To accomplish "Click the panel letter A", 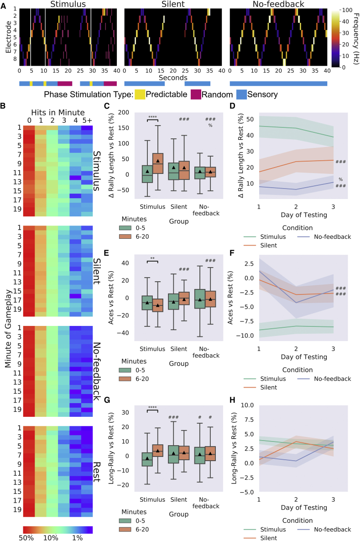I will coord(4,5).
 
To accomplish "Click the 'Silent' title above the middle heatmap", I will coord(173,5).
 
